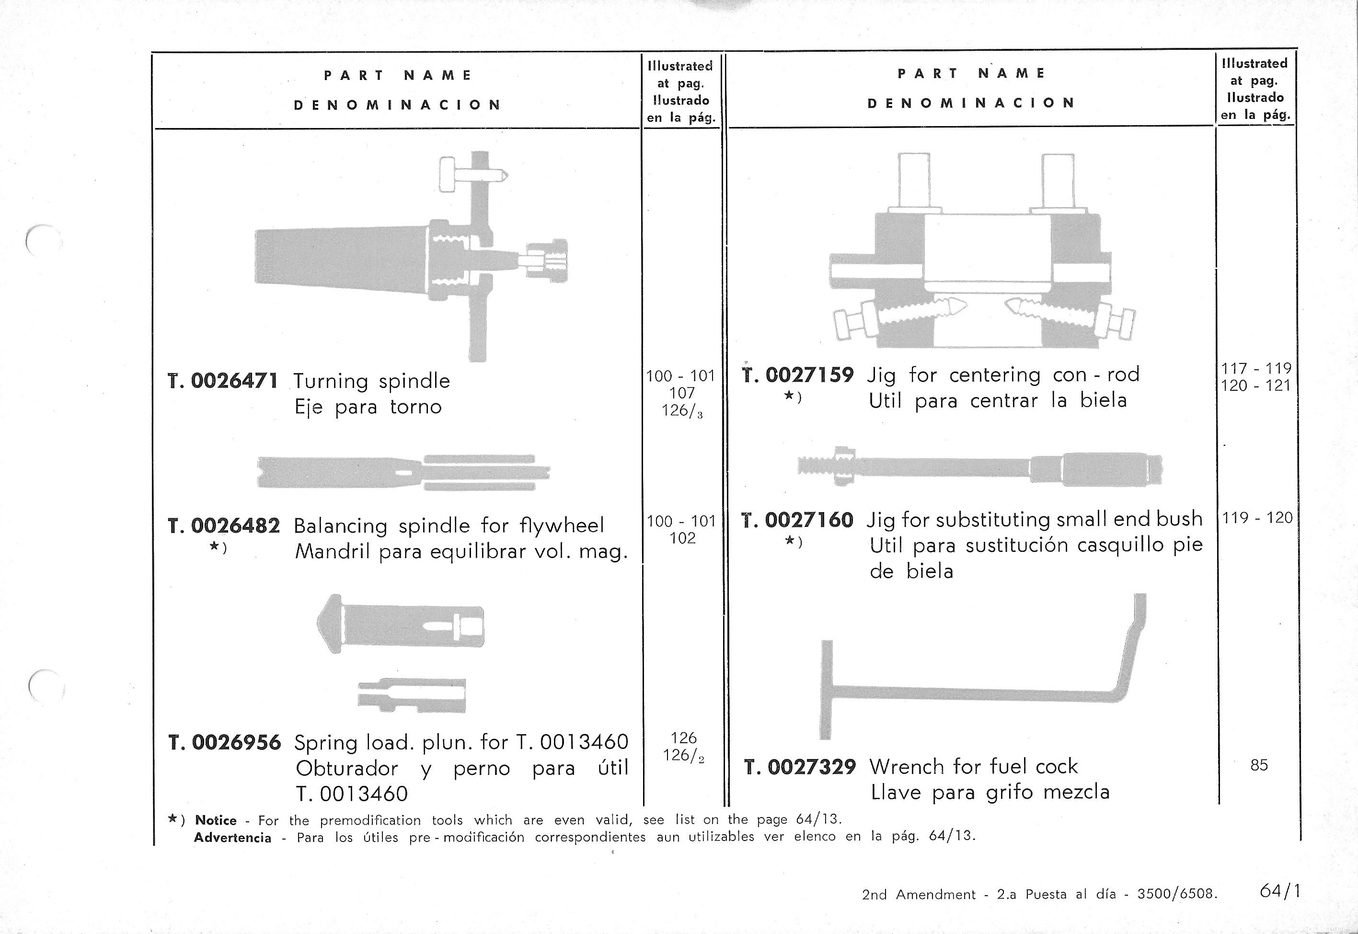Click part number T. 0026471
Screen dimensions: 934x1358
point(223,381)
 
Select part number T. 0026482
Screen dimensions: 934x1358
point(223,525)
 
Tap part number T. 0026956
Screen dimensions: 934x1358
point(225,742)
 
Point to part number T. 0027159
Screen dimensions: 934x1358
point(798,374)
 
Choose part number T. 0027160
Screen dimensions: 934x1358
point(797,520)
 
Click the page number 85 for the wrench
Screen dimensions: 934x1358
point(1259,765)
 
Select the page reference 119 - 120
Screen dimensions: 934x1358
point(1257,518)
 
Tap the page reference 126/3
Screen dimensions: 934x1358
point(682,411)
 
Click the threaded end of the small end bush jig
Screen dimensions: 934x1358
point(816,466)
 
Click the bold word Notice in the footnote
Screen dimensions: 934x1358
point(216,820)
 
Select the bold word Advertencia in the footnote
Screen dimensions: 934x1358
point(232,838)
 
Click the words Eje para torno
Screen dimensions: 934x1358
point(368,407)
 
